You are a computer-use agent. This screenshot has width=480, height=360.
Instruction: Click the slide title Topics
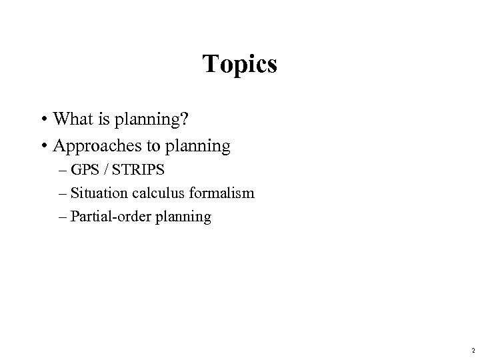pos(240,64)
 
